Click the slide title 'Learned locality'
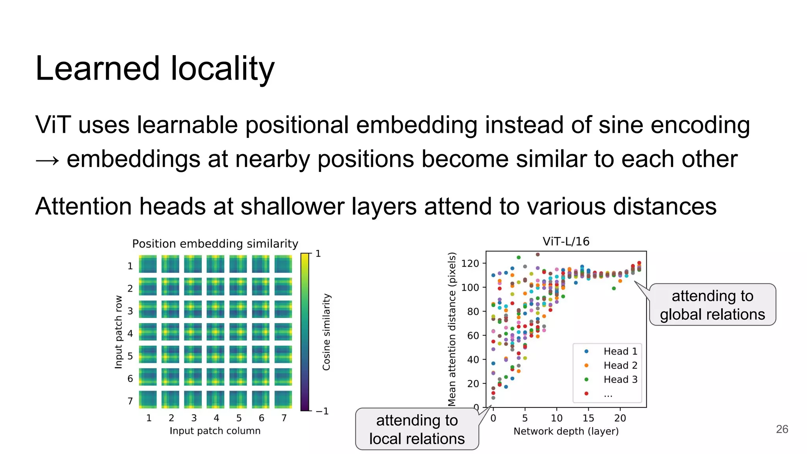click(154, 69)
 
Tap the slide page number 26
click(782, 429)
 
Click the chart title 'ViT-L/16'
click(566, 241)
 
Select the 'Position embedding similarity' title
click(215, 244)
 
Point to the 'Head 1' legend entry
click(620, 351)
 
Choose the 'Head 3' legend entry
click(620, 380)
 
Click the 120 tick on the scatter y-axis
click(470, 263)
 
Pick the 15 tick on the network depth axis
click(588, 418)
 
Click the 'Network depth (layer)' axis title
click(566, 431)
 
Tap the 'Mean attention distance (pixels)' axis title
click(452, 329)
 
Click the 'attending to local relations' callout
click(417, 429)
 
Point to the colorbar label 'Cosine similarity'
click(326, 332)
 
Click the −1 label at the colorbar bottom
click(322, 411)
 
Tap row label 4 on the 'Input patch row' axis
click(130, 333)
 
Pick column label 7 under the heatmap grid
click(284, 418)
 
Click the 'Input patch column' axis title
click(215, 431)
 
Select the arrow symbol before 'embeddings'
click(47, 160)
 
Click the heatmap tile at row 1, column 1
click(148, 264)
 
